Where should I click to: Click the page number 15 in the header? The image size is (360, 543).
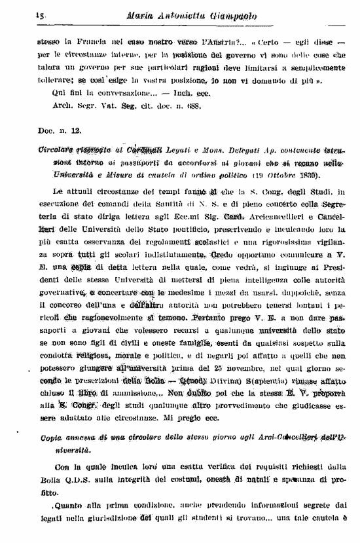[x=22, y=14]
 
